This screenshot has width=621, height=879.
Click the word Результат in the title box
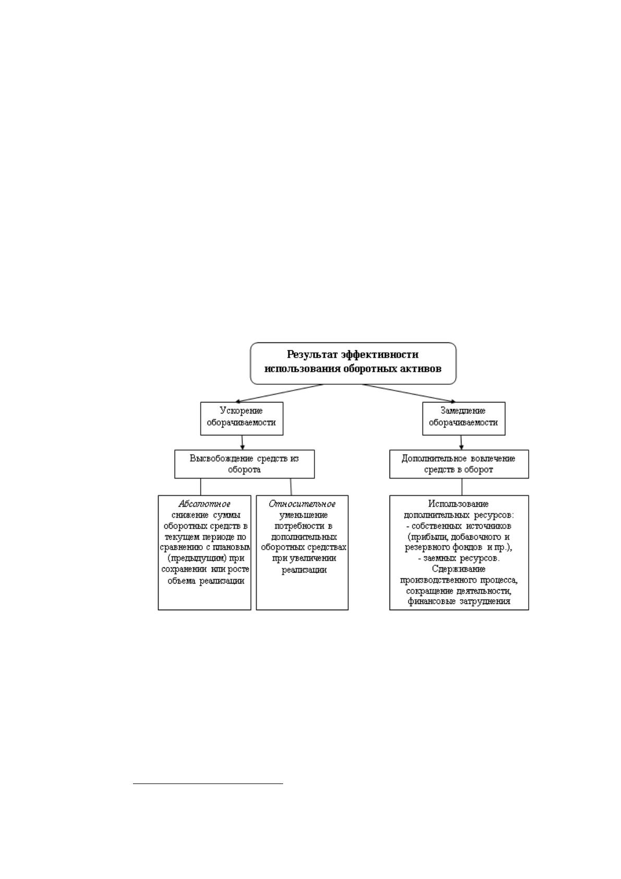tap(312, 355)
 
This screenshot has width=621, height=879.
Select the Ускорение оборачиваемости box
tap(241, 418)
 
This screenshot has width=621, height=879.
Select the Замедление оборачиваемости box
tap(464, 418)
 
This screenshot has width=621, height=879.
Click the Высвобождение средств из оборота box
tap(244, 464)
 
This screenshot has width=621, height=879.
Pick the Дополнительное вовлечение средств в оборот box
tap(459, 464)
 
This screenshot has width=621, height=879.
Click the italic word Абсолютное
tap(204, 504)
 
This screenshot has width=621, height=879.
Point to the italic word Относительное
tap(302, 504)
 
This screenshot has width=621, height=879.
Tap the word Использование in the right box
tap(458, 504)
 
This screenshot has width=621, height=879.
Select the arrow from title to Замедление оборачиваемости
tap(408, 393)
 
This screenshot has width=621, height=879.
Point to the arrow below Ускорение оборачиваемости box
tap(242, 442)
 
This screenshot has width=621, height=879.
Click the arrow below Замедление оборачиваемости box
tap(461, 442)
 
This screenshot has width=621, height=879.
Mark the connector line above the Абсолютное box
tap(201, 486)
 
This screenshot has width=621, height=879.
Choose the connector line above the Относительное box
tap(291, 486)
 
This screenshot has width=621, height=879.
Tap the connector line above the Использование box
tap(462, 486)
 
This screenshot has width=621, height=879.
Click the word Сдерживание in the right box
tap(459, 569)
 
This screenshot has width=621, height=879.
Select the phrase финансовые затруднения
tap(459, 601)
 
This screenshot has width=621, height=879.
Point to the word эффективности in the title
tap(380, 355)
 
